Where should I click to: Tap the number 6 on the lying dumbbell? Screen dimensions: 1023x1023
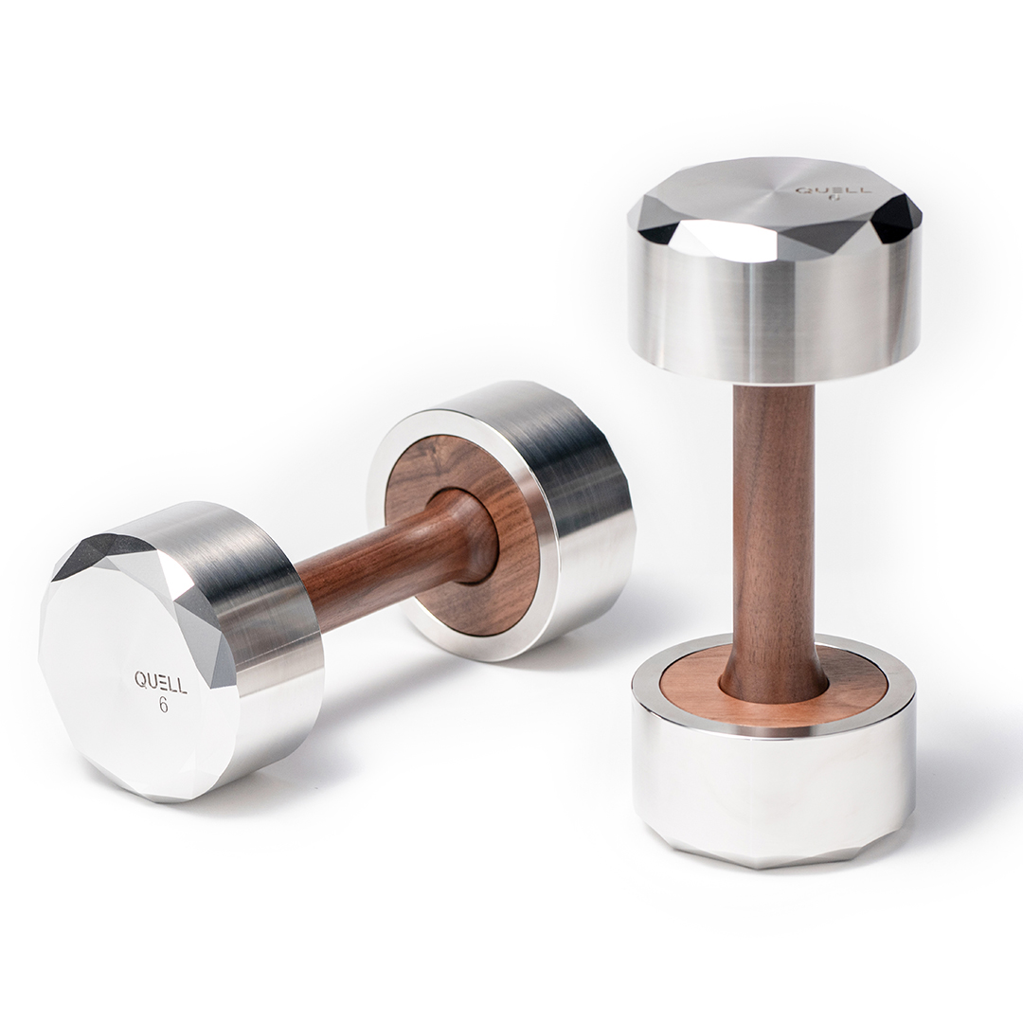pyautogui.click(x=163, y=705)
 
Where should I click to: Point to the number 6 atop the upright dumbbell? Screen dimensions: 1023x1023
pyautogui.click(x=832, y=198)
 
